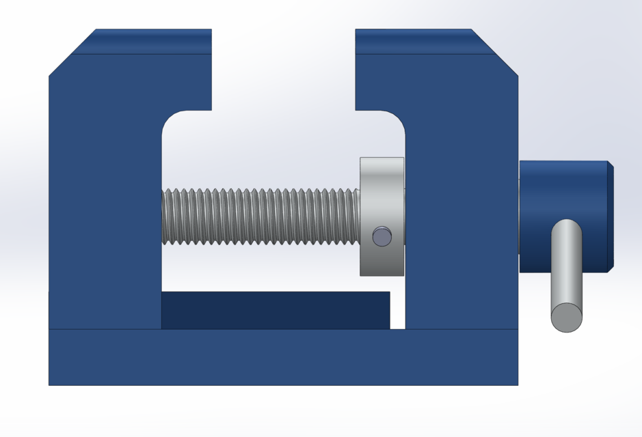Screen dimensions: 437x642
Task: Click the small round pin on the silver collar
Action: (382, 236)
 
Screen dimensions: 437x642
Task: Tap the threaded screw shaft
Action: (260, 216)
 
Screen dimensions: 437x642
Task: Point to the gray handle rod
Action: (567, 273)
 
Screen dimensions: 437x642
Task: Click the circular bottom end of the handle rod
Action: (567, 318)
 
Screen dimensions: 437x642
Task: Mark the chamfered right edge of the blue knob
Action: (611, 216)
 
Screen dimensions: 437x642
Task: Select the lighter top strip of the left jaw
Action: (150, 41)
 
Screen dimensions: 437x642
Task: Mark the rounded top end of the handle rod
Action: (567, 226)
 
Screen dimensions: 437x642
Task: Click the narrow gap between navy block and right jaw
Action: (397, 310)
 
